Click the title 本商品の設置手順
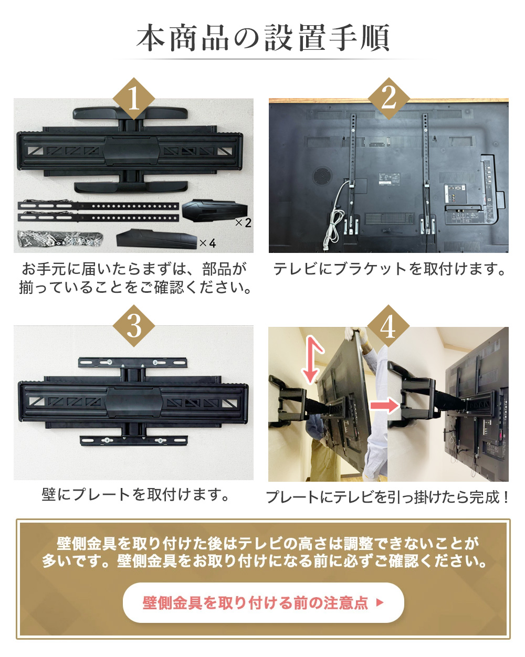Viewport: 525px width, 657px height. point(262,38)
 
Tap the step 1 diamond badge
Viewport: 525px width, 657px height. point(133,99)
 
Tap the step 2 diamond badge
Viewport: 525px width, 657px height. point(388,98)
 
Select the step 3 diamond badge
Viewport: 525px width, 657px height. point(134,326)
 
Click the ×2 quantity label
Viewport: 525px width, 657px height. point(243,223)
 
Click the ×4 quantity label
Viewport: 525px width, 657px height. point(207,243)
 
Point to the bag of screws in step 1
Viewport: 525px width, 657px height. point(58,239)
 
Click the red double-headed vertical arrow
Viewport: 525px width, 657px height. point(312,360)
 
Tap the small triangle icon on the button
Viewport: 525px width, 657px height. point(380,603)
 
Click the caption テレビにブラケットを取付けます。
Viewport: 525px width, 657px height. point(389,269)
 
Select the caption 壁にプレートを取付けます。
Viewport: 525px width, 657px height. point(135,494)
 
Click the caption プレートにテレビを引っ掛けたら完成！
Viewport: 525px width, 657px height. point(387,496)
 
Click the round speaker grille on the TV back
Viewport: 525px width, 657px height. point(323,175)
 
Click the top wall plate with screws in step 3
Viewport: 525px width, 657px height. point(133,363)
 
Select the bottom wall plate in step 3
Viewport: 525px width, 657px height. point(133,440)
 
